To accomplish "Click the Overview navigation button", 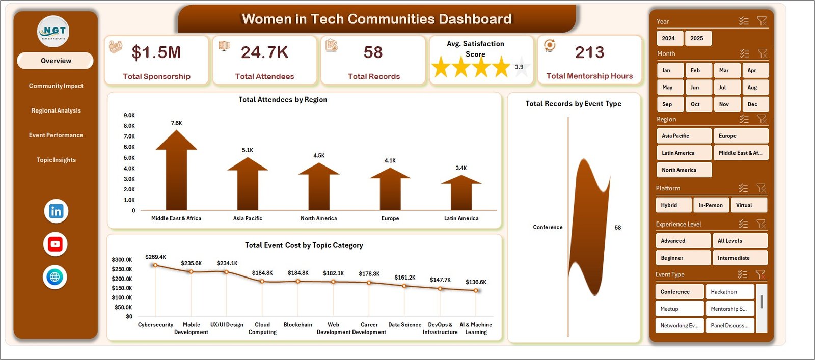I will click(x=56, y=61).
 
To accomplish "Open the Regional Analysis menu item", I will click(x=56, y=110).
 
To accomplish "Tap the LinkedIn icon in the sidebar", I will click(x=56, y=211).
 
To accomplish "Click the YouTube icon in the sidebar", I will click(x=55, y=244).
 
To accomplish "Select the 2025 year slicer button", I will click(x=696, y=38).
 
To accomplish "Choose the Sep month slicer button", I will click(x=667, y=104).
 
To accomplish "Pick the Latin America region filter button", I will click(x=683, y=153).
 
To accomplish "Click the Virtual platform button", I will click(x=748, y=205).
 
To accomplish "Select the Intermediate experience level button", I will click(x=739, y=258).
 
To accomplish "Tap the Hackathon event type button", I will click(x=729, y=292).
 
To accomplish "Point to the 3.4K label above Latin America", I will click(x=461, y=168).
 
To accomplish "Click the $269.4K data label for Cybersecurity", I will click(x=155, y=257).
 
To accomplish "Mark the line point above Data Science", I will click(x=404, y=286).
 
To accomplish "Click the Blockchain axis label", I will click(x=298, y=325).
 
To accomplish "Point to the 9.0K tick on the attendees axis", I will click(x=129, y=115).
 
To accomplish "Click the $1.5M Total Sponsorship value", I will click(x=156, y=52).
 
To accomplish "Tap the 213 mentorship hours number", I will click(x=589, y=52).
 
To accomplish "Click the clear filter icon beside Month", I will click(x=762, y=53).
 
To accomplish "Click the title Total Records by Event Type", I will click(x=573, y=104).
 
